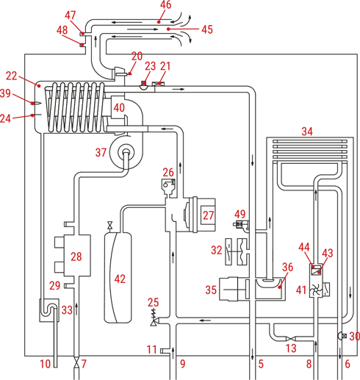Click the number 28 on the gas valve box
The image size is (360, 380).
coord(76,257)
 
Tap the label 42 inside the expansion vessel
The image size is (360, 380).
coord(120,279)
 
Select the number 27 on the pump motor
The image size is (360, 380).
coord(208,215)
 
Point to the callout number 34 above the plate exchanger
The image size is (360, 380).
coord(307,132)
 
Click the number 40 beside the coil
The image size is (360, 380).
coord(119,107)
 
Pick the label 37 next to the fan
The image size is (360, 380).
coord(101,152)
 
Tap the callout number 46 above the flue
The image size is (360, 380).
coord(165,5)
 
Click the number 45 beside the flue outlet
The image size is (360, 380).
coord(207,29)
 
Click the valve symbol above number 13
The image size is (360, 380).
coord(291,339)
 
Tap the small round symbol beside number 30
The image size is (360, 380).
coord(342,336)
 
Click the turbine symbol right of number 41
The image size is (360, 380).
coord(317,291)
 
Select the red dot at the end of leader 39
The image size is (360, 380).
coord(32,104)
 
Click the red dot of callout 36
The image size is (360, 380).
coord(279,287)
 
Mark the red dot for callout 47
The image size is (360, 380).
coord(83,34)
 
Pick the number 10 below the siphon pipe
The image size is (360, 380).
coord(46,364)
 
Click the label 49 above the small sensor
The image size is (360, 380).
coord(240,214)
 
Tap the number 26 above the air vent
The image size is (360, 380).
coord(168,173)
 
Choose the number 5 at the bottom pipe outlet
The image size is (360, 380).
coord(261,364)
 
